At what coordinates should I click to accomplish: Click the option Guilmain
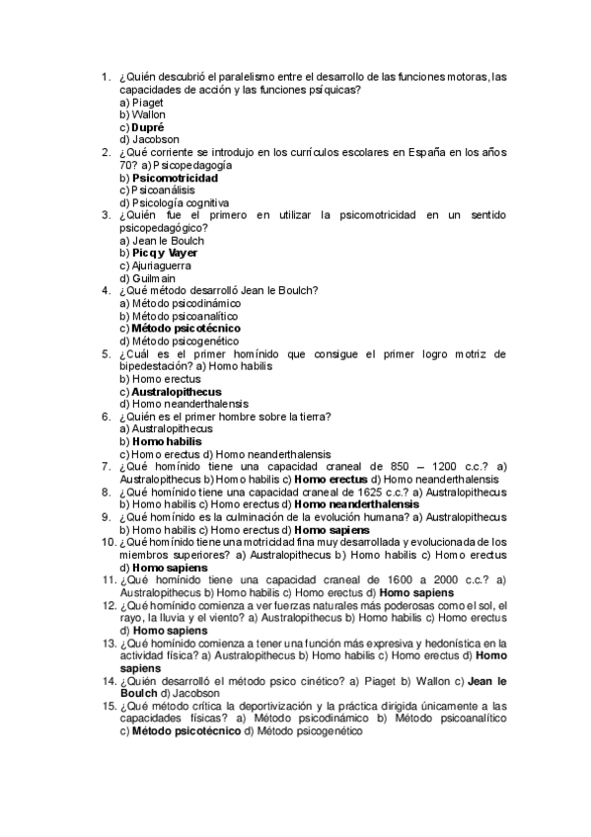coord(149,278)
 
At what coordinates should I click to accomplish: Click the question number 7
coord(106,466)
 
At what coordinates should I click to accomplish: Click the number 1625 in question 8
coord(349,491)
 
